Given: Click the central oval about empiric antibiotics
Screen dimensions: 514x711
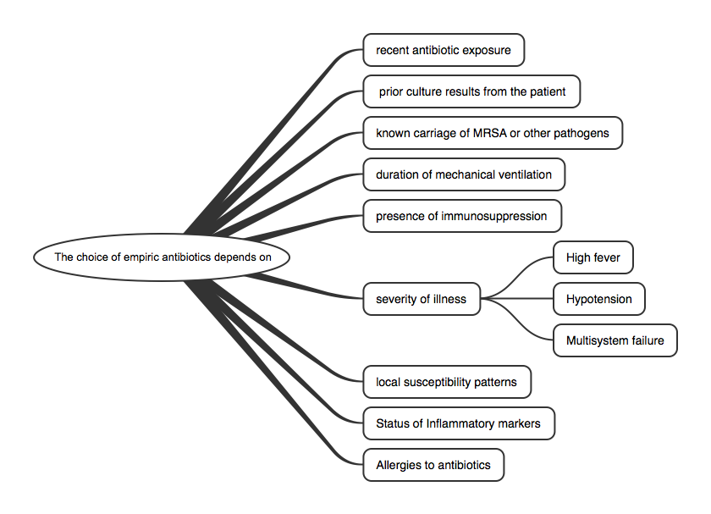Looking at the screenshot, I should tap(161, 257).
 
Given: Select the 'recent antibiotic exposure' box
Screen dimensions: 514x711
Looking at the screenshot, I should tap(444, 50).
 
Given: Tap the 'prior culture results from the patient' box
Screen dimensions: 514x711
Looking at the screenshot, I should tap(471, 91).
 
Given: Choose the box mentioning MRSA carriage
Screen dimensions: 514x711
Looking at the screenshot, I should tap(493, 133).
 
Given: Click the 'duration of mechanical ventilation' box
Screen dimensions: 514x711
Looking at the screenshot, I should tap(464, 174).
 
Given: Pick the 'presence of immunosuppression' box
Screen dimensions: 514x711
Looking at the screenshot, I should tap(462, 216).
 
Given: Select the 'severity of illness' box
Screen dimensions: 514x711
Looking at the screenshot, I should tap(421, 298).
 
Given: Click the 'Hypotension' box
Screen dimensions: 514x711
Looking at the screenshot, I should tap(598, 299).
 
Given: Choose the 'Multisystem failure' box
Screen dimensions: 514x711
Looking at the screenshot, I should tap(615, 340).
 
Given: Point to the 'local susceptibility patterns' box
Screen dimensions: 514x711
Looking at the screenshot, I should tap(447, 382).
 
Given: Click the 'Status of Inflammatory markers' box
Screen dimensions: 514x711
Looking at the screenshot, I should tap(459, 423).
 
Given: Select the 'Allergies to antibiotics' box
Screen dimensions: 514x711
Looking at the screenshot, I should tap(433, 465).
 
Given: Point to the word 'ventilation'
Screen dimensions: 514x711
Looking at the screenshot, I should tap(521, 174).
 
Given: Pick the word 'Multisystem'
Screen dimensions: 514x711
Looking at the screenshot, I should tap(598, 340).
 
